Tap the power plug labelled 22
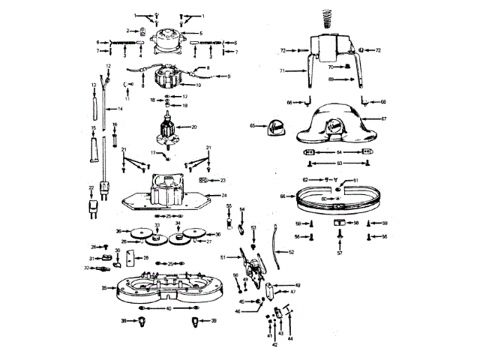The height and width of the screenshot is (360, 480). (93, 205)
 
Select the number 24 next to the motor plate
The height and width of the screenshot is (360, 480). (214, 195)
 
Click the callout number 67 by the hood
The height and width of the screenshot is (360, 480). (383, 119)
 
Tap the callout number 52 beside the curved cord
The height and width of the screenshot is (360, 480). (292, 252)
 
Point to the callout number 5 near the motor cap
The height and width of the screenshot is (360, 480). (200, 34)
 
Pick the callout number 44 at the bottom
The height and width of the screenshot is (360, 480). (290, 339)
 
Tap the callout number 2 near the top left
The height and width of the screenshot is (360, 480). (129, 31)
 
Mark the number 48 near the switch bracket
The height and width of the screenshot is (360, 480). (298, 286)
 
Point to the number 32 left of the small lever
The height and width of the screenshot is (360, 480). (87, 267)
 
